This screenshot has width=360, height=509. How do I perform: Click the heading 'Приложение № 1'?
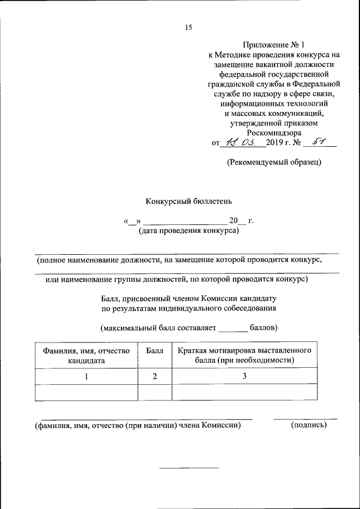(274, 44)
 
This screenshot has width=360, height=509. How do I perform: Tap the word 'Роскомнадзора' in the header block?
(274, 132)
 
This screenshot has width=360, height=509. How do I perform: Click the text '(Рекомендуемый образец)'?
(274, 163)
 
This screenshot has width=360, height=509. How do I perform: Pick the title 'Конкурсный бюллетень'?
(188, 200)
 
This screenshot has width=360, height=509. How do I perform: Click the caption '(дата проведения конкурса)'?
(188, 231)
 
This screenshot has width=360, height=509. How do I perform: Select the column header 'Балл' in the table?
(155, 350)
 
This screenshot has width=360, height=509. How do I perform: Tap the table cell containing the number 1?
(86, 376)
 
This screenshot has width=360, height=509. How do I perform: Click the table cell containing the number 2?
(155, 376)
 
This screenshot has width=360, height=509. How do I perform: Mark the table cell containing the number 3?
(245, 376)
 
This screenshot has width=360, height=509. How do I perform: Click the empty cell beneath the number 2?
(155, 392)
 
